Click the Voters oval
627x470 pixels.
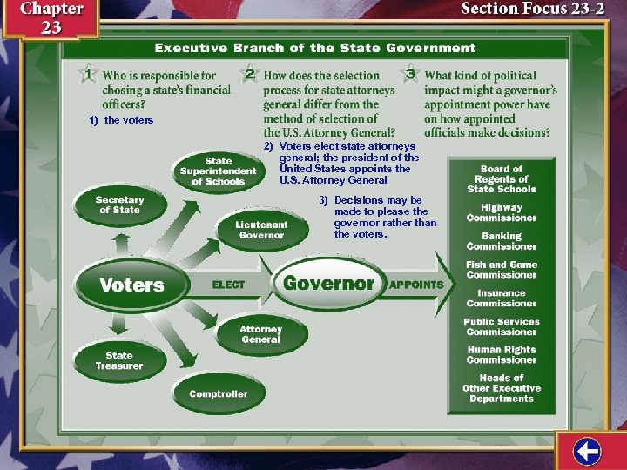[131, 285]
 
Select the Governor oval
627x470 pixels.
[328, 283]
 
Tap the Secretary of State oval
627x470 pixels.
[119, 205]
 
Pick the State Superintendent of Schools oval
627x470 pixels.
[218, 171]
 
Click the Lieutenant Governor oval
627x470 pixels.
[261, 230]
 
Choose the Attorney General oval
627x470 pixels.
[261, 334]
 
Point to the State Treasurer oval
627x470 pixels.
[119, 360]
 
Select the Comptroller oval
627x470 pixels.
[219, 394]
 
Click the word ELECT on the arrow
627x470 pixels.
[229, 285]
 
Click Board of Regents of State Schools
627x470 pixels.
[502, 178]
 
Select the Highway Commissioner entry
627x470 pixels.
[502, 213]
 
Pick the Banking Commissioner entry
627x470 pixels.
[502, 241]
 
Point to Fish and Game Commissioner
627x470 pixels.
[502, 270]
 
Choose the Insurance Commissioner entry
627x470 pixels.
[502, 299]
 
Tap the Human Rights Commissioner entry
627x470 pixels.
[502, 355]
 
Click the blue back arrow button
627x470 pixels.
[588, 451]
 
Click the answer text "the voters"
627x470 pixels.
[128, 120]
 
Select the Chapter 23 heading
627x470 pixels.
[51, 17]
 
